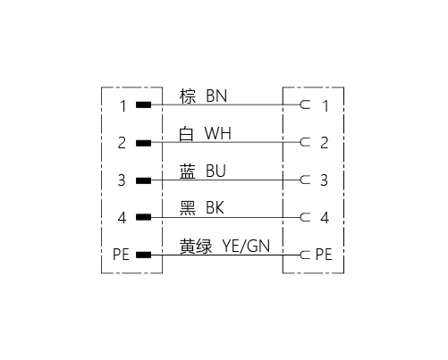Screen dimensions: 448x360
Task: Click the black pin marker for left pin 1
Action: [x=143, y=105]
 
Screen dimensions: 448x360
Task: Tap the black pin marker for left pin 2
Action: [x=143, y=143]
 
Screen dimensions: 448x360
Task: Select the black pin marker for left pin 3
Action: [x=143, y=180]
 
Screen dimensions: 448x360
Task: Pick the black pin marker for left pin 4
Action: [x=143, y=217]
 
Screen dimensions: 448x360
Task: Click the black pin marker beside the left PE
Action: [x=143, y=255]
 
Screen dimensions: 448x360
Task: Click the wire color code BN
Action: [x=216, y=96]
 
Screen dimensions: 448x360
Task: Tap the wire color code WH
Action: [x=218, y=133]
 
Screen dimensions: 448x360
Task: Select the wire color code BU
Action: [x=216, y=171]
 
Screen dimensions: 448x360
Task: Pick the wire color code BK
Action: [x=215, y=208]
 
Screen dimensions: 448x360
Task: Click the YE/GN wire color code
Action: [x=246, y=246]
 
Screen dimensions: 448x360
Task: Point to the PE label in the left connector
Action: [x=121, y=255]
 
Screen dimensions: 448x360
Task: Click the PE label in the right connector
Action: [x=324, y=255]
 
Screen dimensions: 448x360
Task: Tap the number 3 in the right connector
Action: [x=324, y=180]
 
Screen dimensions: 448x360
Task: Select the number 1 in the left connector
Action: [x=123, y=106]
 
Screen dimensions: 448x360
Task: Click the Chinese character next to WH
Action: [x=186, y=134]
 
